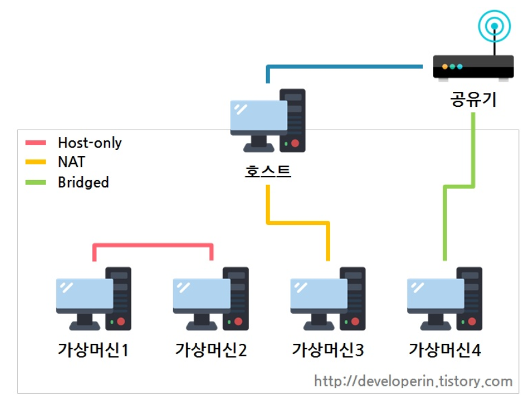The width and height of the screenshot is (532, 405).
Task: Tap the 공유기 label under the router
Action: click(x=473, y=99)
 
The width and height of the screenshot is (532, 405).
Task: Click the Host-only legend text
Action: click(x=89, y=143)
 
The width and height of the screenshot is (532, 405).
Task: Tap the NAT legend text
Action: click(x=71, y=162)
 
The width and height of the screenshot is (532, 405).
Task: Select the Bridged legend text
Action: click(x=83, y=182)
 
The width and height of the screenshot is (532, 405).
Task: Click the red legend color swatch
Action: click(x=35, y=143)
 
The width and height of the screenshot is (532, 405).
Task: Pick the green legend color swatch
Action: click(x=35, y=182)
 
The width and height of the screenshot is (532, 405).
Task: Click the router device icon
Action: click(x=473, y=67)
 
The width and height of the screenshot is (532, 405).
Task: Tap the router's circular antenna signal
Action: click(x=495, y=26)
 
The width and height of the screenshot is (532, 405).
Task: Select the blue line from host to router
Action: click(x=347, y=67)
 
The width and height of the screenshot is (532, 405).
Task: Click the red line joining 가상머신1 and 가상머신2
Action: click(x=153, y=245)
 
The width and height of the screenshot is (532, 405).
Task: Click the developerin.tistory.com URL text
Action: click(x=413, y=381)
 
